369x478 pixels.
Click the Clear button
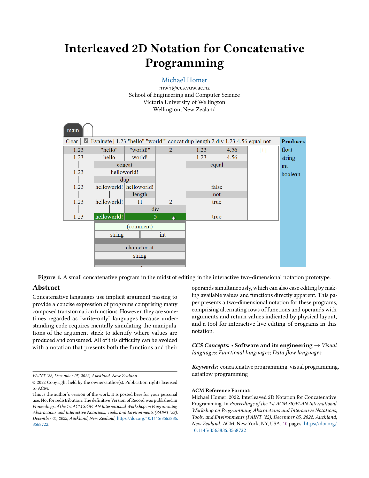(72, 141)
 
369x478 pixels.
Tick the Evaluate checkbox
(86, 141)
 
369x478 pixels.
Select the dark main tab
(73, 130)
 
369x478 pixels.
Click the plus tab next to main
(88, 130)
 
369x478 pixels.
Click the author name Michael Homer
(184, 80)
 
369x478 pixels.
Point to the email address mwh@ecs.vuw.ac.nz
(184, 88)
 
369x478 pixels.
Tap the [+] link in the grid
(263, 150)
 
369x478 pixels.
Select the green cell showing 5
(155, 217)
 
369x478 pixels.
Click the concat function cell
(125, 165)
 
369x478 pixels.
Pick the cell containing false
(217, 187)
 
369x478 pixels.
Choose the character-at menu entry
(140, 248)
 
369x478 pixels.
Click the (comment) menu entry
(140, 227)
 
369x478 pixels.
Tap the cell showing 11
(140, 202)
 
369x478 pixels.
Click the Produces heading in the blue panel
(293, 141)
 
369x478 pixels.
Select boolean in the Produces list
(291, 174)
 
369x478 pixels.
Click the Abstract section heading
(46, 288)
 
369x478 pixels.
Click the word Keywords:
(205, 367)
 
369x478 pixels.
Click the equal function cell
(217, 165)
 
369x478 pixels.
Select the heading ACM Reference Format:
(221, 390)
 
